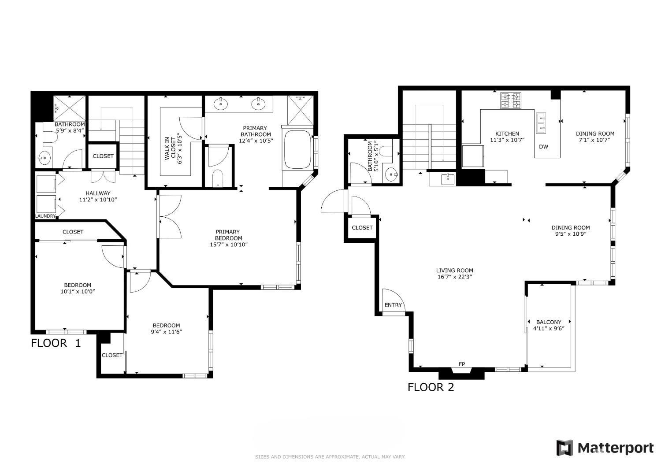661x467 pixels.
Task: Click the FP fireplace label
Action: click(462, 364)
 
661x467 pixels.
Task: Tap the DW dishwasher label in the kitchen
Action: click(544, 147)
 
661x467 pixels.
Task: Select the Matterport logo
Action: click(605, 448)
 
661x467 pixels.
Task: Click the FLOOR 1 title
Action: click(56, 343)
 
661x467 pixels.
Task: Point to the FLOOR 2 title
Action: click(431, 387)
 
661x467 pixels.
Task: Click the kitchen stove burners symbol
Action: click(511, 100)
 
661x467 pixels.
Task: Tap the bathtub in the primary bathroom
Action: click(298, 149)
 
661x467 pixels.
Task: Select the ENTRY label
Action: click(393, 305)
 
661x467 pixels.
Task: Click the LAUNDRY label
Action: click(46, 216)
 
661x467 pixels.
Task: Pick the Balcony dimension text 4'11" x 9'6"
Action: click(549, 328)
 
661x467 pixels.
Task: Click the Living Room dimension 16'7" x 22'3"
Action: click(455, 277)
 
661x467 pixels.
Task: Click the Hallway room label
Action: click(98, 193)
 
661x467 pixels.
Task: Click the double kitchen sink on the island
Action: click(541, 123)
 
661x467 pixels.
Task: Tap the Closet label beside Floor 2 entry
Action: click(362, 228)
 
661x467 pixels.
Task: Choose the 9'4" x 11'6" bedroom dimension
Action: click(166, 332)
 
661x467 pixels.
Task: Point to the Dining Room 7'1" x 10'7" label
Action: click(595, 133)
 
